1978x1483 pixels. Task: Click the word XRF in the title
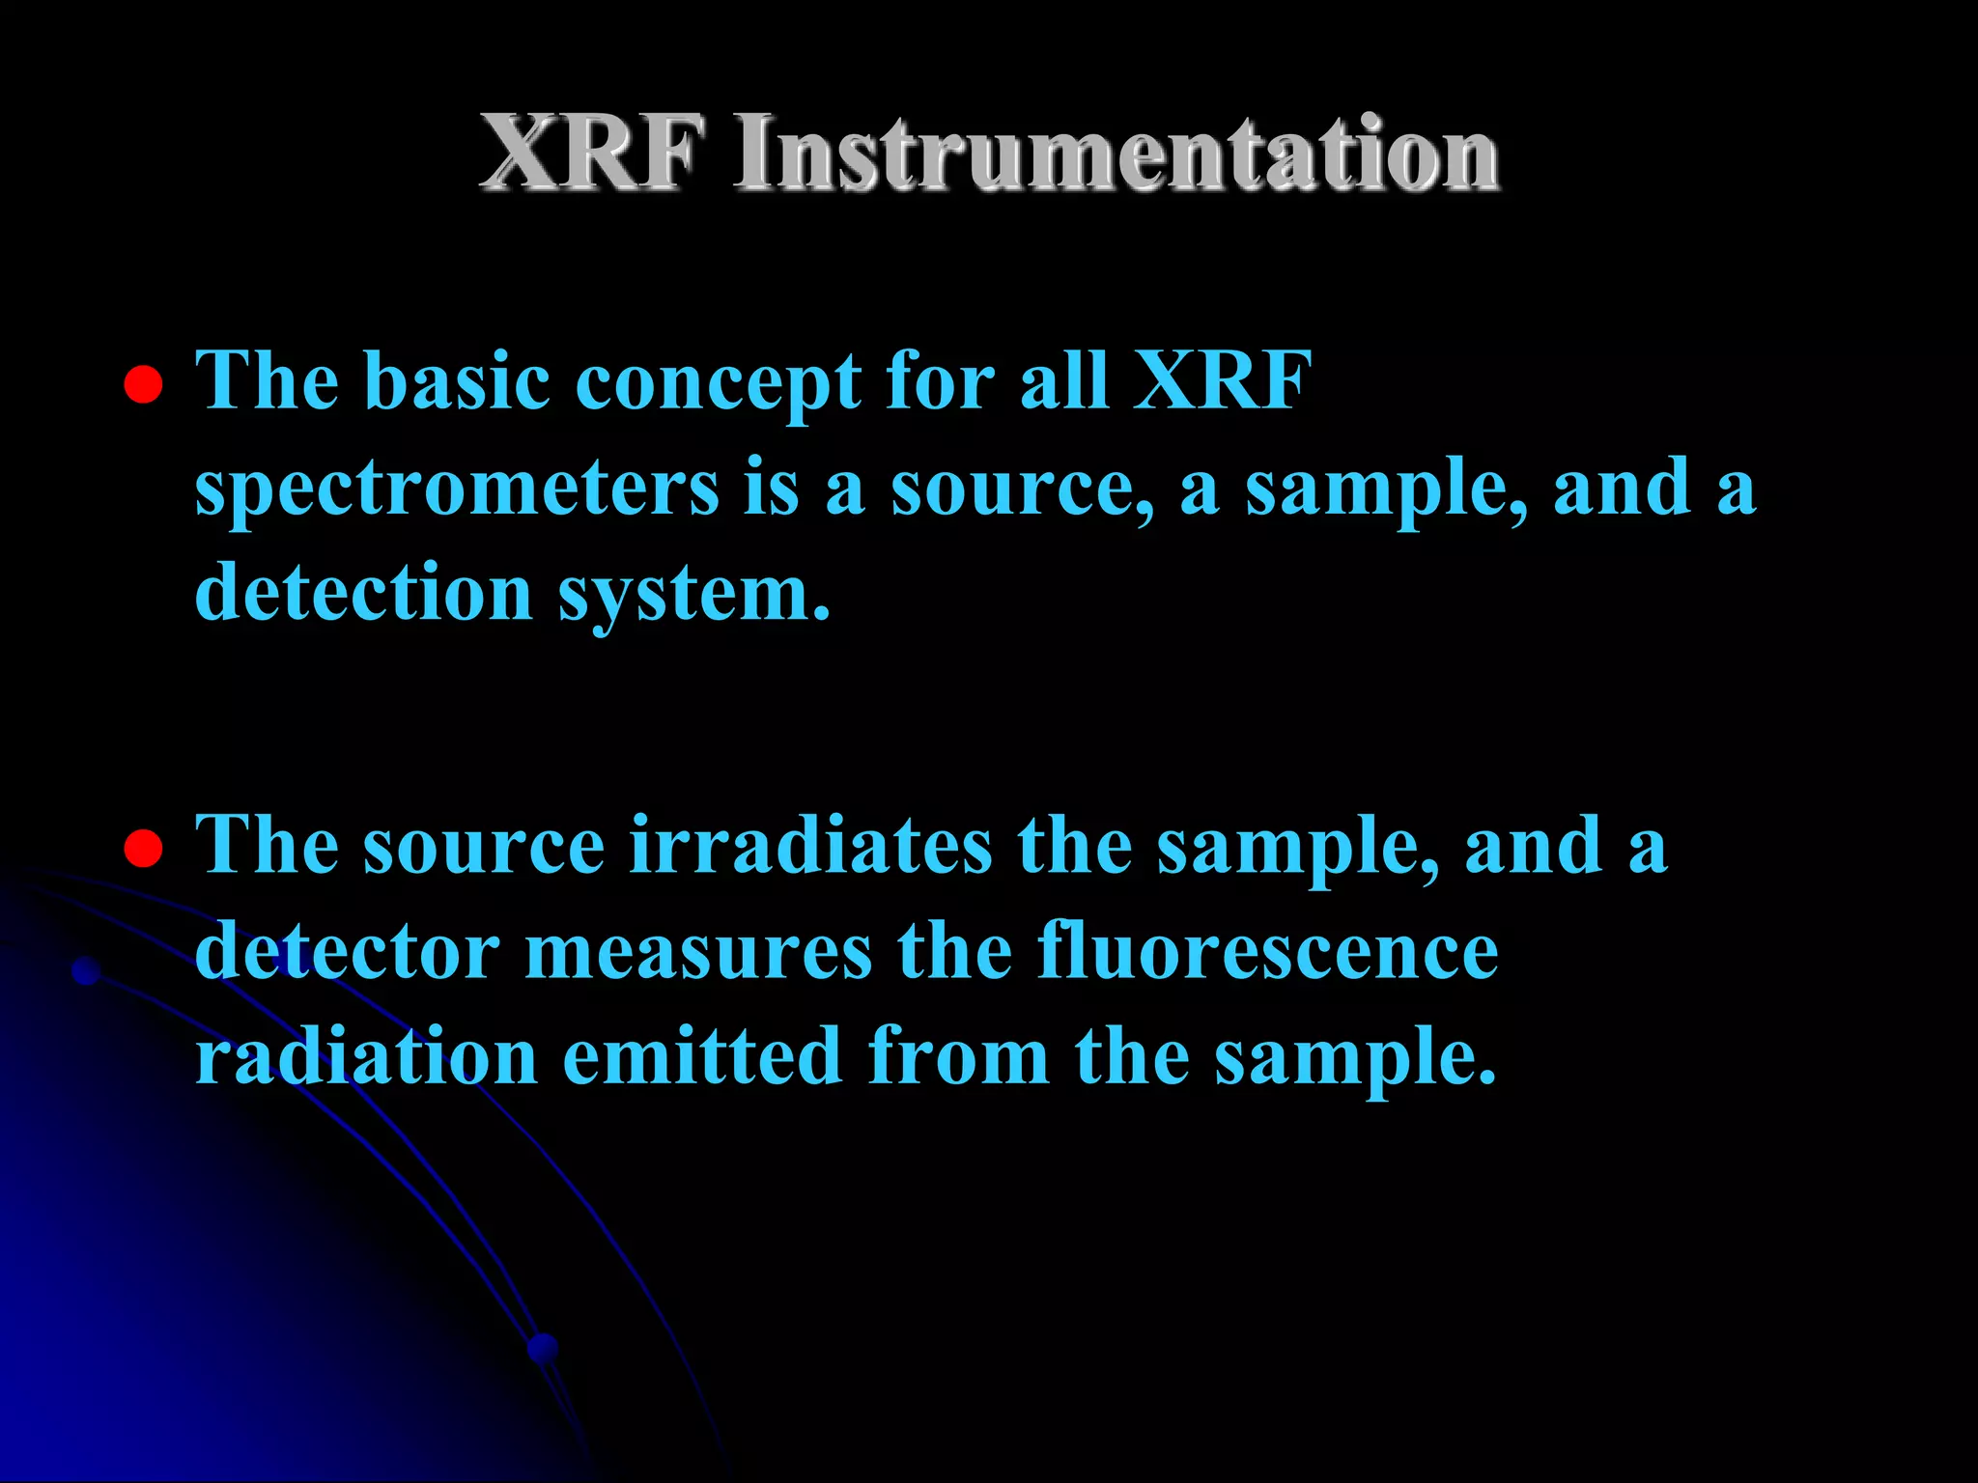(591, 153)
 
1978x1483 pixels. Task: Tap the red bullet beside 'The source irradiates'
(143, 849)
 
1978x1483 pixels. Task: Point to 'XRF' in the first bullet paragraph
(1222, 380)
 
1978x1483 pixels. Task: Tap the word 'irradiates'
(810, 845)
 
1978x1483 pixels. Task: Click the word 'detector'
(347, 951)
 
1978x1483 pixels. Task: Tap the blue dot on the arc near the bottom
(544, 1347)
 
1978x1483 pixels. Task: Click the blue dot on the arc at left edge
(87, 970)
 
